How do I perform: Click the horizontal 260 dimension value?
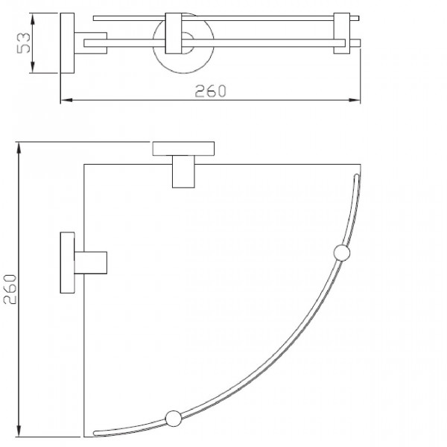pos(211,91)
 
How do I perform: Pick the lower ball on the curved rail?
pos(173,417)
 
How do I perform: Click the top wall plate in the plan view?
pos(183,148)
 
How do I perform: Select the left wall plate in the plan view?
pos(67,261)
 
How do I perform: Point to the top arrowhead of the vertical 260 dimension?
pos(19,145)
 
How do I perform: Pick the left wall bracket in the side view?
pos(67,42)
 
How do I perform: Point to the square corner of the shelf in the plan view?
pos(84,164)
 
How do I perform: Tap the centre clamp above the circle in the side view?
pos(177,34)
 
